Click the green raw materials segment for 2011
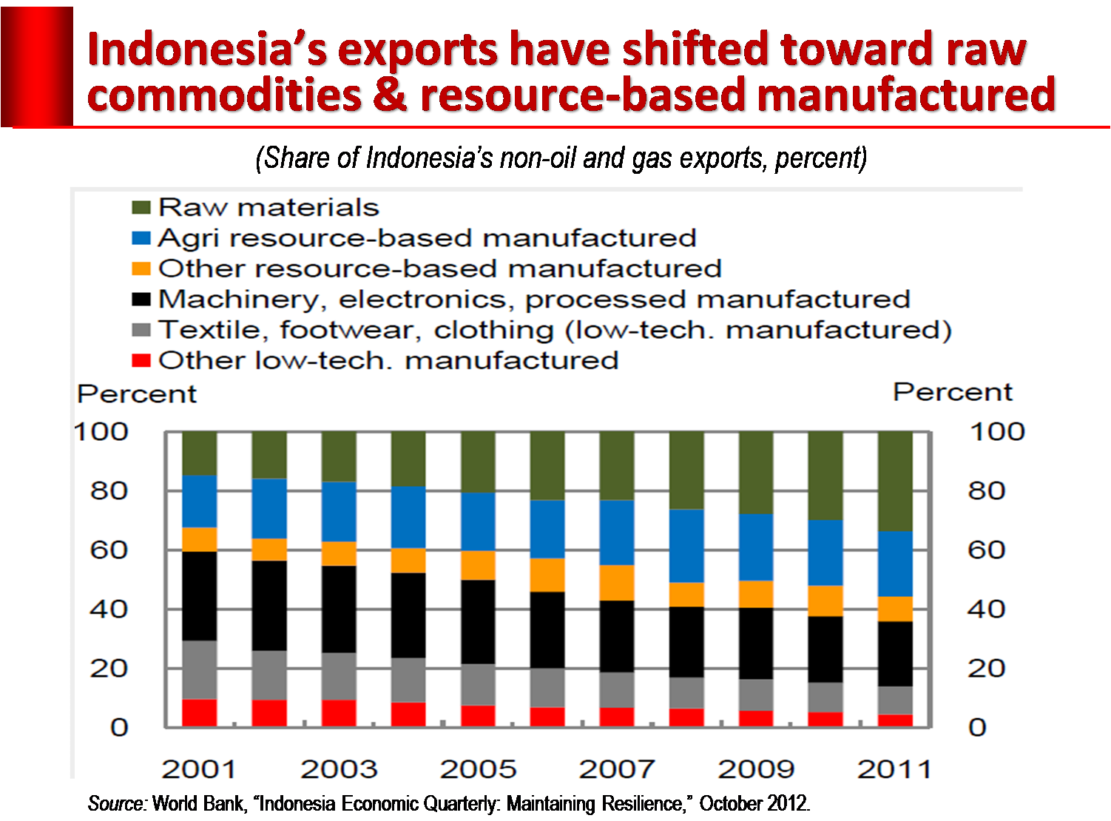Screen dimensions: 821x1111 (895, 481)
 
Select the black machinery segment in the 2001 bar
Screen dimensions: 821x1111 (200, 595)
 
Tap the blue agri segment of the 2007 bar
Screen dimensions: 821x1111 (617, 533)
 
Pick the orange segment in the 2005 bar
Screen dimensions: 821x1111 (478, 565)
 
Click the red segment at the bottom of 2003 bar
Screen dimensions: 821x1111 (339, 713)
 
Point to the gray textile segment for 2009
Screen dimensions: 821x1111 (756, 695)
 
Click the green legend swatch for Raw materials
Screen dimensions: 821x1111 (141, 207)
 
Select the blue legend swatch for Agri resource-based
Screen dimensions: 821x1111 (141, 238)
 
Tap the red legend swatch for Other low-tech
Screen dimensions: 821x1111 (141, 360)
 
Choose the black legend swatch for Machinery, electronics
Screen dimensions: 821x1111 (141, 299)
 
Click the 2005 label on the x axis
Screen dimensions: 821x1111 (478, 769)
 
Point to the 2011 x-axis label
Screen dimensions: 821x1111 (895, 769)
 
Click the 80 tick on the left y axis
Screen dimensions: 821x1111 (109, 491)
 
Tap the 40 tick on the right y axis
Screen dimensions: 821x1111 (986, 609)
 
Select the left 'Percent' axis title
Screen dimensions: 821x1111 (137, 394)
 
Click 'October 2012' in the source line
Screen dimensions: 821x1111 (754, 803)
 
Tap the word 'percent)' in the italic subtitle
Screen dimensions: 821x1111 (821, 158)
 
